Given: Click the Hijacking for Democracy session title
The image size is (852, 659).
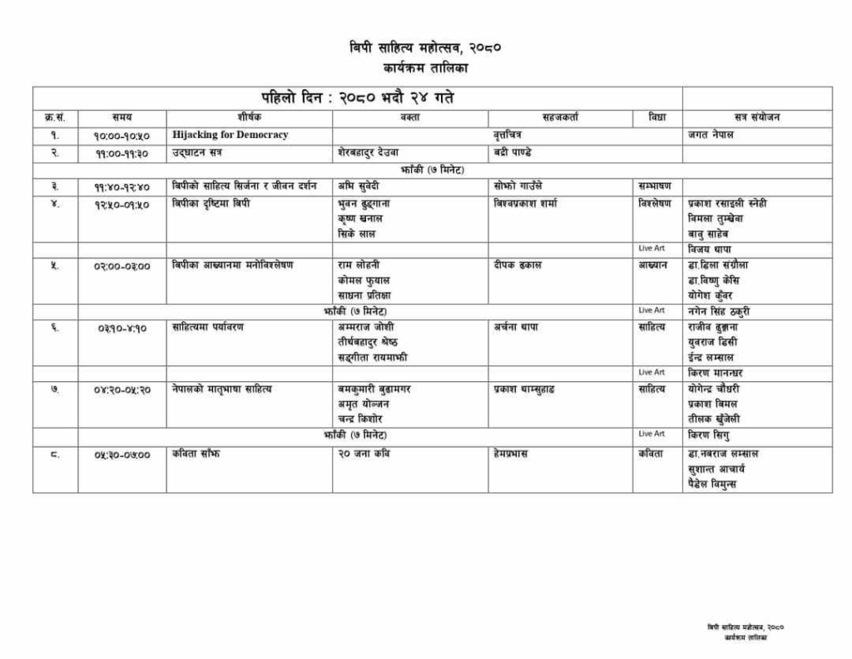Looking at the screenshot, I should click(230, 135).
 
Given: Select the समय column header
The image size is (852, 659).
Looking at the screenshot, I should click(121, 117).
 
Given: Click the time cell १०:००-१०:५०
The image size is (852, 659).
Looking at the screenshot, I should click(121, 136).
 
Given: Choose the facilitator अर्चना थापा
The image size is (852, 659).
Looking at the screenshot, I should click(515, 327).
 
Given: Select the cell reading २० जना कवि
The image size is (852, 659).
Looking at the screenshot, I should click(364, 454).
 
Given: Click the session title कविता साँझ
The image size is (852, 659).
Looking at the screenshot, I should click(196, 454).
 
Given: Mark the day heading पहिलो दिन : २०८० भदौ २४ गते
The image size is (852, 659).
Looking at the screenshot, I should click(357, 98).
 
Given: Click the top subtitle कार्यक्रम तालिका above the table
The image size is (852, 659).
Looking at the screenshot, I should click(425, 67).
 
